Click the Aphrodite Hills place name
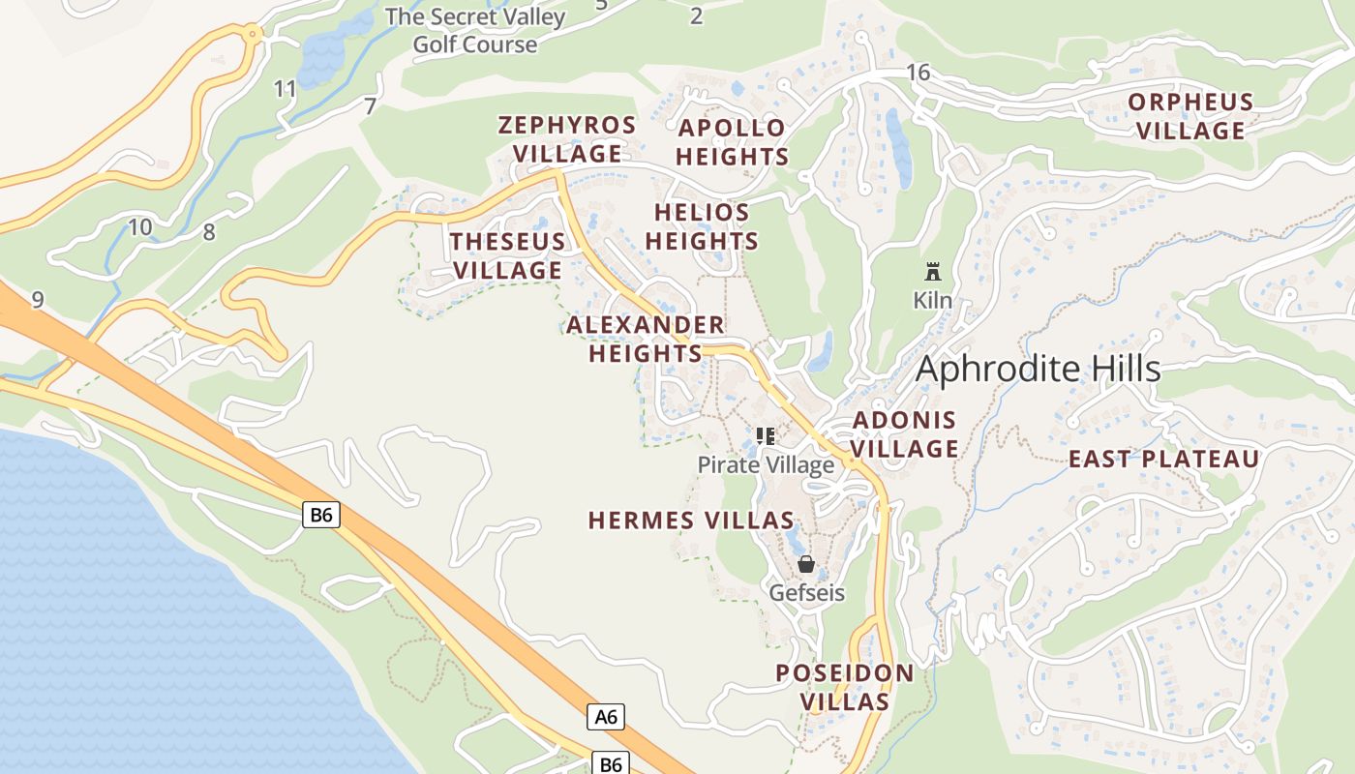pos(1038,369)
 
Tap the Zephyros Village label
pos(567,139)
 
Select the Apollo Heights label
pos(732,142)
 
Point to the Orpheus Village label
pos(1190,116)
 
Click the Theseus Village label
pos(508,255)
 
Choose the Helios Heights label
pos(702,226)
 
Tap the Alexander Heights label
pos(646,340)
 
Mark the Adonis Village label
pos(905,434)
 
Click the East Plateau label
pos(1163,460)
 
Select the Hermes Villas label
pos(691,521)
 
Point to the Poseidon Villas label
pos(845,687)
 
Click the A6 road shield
pos(606,717)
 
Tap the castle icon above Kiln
pos(933,271)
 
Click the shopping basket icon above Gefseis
pos(806,563)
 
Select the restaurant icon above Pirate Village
pos(766,436)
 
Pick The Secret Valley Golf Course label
pos(475,30)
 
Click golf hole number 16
pos(918,73)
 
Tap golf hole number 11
pos(285,90)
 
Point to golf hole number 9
pos(38,300)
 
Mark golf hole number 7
pos(370,106)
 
